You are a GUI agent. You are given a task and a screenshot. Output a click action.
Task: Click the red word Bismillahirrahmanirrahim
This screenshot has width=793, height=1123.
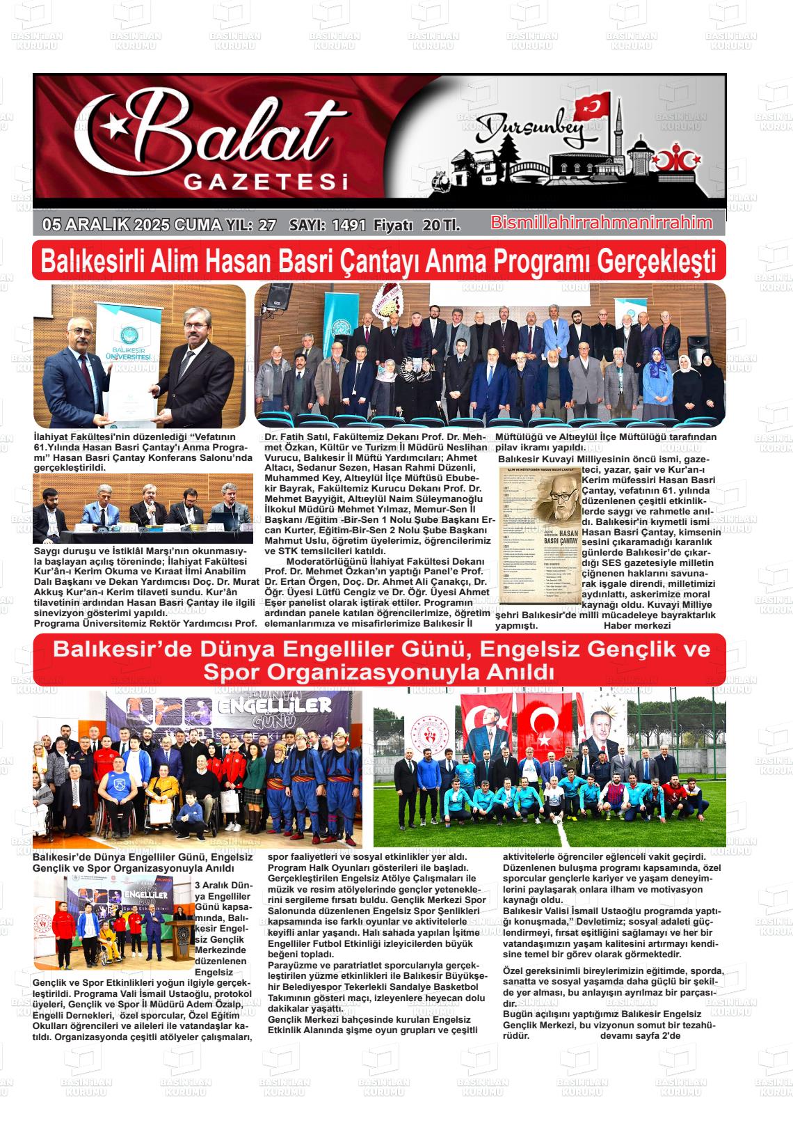[601, 223]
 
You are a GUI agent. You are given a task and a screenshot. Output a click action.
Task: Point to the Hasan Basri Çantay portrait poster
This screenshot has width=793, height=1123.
[540, 535]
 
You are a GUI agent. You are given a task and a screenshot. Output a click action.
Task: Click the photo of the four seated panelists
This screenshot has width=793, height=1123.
[143, 508]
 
